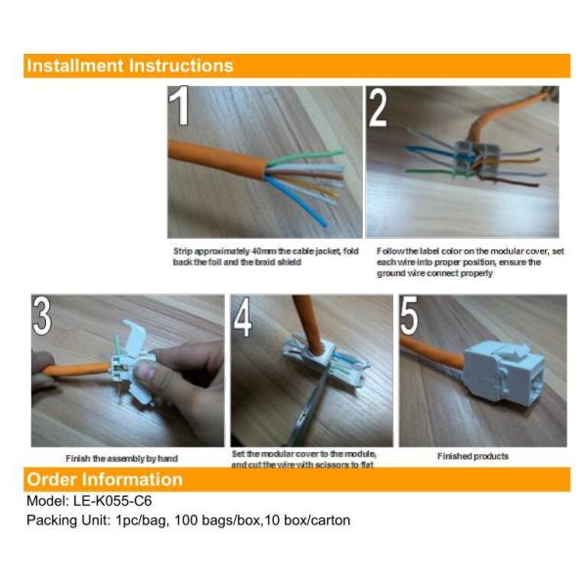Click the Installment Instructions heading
click(x=130, y=67)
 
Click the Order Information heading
click(x=105, y=479)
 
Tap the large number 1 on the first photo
click(x=181, y=108)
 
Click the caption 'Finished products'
click(x=473, y=456)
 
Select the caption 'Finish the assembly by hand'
click(x=122, y=458)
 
